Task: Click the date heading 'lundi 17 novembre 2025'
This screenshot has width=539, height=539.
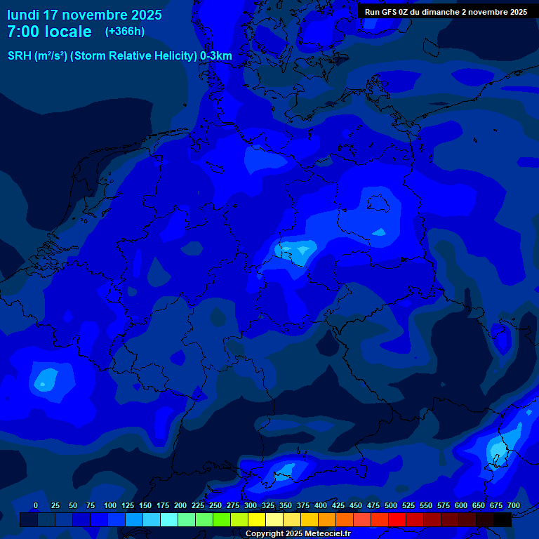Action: (84, 15)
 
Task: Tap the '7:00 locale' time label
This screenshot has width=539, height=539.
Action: (49, 32)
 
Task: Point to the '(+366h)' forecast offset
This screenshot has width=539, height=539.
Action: (124, 32)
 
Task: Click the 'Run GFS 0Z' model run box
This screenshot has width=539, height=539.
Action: (446, 12)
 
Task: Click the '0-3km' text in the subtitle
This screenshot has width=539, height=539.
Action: (216, 56)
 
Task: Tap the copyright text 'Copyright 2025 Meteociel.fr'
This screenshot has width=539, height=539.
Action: (298, 533)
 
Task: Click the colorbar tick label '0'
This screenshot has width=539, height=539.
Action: (36, 505)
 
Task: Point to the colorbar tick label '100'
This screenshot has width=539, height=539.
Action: (110, 505)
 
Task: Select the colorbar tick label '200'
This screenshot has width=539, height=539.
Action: (180, 505)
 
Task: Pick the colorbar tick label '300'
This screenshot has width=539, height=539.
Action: (251, 505)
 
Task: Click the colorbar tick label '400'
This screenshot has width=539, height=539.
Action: (321, 505)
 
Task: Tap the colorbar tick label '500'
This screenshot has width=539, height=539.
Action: (391, 505)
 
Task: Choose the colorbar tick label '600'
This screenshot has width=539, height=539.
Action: (461, 505)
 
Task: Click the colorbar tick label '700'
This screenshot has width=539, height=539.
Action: (514, 505)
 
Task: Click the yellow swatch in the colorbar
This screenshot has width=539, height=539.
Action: (257, 519)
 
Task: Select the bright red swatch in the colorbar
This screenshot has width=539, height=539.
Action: (397, 519)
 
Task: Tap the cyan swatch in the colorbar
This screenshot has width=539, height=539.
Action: (169, 519)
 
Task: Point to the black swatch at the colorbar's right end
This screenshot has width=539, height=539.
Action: (503, 519)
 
